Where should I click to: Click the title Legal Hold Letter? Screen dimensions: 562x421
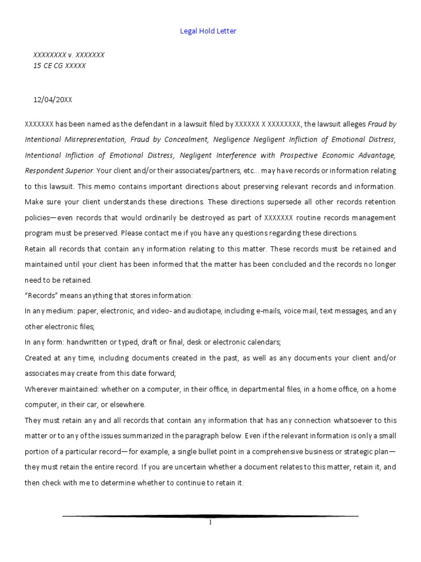(x=208, y=31)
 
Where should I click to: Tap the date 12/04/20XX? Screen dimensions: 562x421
(x=53, y=99)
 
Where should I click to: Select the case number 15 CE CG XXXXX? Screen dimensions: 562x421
(x=59, y=66)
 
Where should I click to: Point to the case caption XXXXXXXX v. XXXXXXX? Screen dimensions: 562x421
(x=69, y=55)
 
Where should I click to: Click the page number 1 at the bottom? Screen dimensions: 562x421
(x=210, y=522)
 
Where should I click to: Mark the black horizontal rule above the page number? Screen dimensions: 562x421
(x=210, y=516)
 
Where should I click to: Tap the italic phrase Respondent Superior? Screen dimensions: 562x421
(x=59, y=171)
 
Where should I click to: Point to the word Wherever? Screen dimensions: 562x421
(x=40, y=389)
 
